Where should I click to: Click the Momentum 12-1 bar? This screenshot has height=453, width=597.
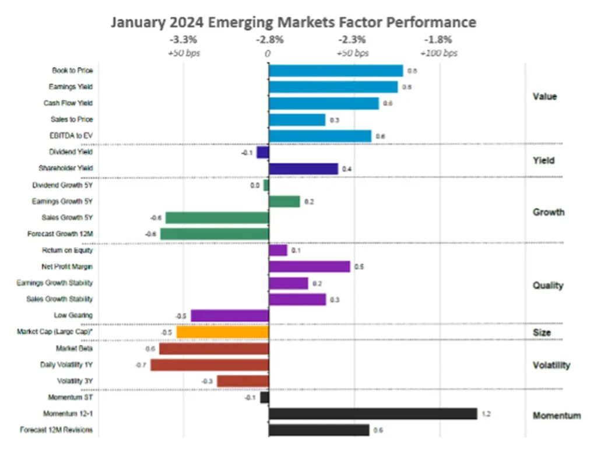[x=373, y=414]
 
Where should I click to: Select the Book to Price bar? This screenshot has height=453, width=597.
[x=336, y=71]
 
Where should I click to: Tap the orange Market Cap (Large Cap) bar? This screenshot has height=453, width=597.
[x=222, y=332]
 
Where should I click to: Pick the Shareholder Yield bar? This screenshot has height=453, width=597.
[x=303, y=168]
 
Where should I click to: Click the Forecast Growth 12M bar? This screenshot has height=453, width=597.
[x=214, y=234]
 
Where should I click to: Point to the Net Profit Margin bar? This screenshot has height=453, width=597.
[x=309, y=266]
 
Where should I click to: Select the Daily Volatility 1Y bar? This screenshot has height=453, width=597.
[x=209, y=365]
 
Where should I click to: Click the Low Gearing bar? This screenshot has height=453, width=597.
[x=230, y=315]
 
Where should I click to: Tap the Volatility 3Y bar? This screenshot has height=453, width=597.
[x=243, y=381]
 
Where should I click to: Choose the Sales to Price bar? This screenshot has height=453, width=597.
[x=297, y=120]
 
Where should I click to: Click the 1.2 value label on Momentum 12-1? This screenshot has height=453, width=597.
[x=485, y=415]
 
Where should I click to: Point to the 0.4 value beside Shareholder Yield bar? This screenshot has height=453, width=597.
[x=346, y=169]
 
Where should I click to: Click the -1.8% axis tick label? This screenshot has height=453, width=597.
[x=438, y=40]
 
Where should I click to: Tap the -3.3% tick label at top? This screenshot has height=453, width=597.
[x=183, y=40]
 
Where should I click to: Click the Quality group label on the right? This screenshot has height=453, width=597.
[x=548, y=285]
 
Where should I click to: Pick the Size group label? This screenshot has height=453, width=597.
[x=542, y=333]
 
